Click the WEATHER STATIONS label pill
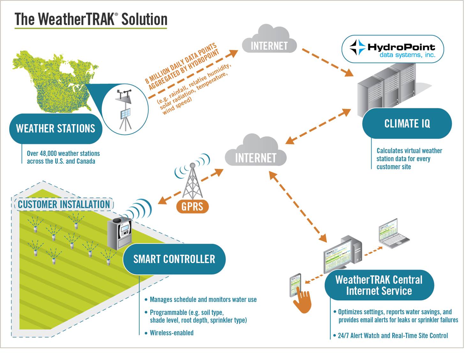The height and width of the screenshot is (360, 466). click(x=56, y=128)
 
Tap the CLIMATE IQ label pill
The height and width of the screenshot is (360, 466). click(x=407, y=124)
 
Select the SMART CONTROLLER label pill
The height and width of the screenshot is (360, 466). click(x=174, y=259)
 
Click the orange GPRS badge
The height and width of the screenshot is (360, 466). click(x=192, y=206)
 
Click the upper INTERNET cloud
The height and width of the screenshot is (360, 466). click(x=269, y=40)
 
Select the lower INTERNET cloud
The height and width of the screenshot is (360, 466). click(x=255, y=152)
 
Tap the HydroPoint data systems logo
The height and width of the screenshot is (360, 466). click(x=393, y=49)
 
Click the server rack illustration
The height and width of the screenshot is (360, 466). click(x=386, y=89)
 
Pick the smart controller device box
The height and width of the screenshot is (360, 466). click(x=119, y=233)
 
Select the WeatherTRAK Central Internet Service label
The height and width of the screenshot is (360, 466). click(x=379, y=285)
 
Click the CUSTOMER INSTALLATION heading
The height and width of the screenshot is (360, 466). click(x=64, y=204)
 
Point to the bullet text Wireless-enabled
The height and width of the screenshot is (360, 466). click(x=171, y=333)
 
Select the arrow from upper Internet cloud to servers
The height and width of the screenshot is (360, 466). click(x=327, y=62)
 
